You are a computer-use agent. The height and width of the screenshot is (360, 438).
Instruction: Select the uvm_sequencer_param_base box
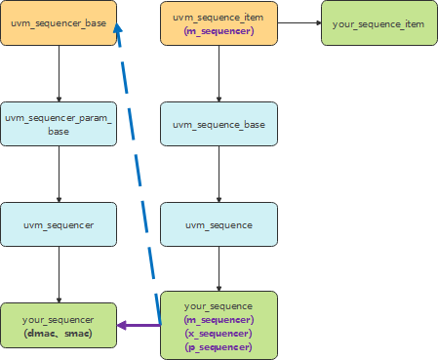59,124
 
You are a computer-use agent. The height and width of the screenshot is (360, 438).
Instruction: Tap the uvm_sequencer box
59,224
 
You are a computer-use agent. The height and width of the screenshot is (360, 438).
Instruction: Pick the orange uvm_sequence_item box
219,23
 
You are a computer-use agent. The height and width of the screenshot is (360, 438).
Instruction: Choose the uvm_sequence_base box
219,124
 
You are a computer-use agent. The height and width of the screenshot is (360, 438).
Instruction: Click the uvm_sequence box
219,224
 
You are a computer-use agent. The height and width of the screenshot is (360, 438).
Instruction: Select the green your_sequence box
219,326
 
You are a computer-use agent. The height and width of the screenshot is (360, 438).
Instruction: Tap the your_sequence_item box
378,23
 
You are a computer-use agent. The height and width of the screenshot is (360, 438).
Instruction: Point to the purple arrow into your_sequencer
139,326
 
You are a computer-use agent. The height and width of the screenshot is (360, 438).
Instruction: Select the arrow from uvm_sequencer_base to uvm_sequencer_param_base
60,74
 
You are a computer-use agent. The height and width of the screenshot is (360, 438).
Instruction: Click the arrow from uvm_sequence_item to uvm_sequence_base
219,74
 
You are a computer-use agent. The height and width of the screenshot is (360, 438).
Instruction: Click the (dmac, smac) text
59,334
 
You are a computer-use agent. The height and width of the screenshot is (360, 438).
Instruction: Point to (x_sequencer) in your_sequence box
219,333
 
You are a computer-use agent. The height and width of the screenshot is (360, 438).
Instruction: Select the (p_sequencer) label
219,346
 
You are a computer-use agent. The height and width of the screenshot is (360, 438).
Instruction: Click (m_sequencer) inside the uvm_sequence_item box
219,31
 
